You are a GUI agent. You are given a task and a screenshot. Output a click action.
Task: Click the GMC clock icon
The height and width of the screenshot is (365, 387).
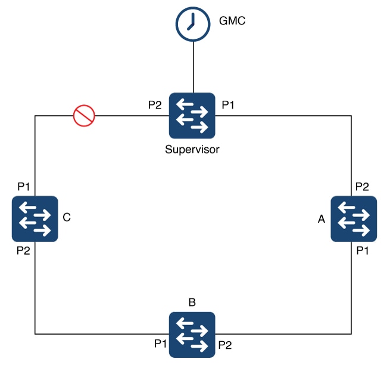click(x=193, y=24)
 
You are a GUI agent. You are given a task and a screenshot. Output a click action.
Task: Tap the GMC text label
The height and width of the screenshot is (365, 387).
click(x=232, y=21)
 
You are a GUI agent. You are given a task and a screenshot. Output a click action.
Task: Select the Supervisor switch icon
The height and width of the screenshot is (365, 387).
click(x=192, y=116)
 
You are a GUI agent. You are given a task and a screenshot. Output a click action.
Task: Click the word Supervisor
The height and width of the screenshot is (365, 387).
click(x=192, y=149)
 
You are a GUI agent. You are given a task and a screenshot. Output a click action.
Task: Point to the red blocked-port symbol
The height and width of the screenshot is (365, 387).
click(x=84, y=116)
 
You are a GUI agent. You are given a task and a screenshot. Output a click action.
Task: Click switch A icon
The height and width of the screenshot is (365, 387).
click(x=354, y=219)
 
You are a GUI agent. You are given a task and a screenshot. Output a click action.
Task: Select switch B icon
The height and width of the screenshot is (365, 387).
click(x=192, y=335)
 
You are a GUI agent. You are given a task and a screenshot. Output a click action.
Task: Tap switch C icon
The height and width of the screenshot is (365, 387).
click(x=35, y=219)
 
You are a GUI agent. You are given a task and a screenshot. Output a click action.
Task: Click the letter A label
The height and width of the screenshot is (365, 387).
click(x=322, y=219)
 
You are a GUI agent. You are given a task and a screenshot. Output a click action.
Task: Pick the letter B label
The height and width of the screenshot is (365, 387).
click(x=192, y=302)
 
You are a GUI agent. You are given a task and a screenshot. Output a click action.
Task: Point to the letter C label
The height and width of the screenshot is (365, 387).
click(x=67, y=217)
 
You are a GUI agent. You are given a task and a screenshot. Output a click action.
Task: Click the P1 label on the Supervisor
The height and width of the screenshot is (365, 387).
click(x=228, y=105)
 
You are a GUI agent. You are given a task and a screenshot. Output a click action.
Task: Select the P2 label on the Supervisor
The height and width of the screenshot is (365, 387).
click(x=155, y=105)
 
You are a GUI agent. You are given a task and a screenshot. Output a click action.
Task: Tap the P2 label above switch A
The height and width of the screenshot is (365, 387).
click(x=362, y=187)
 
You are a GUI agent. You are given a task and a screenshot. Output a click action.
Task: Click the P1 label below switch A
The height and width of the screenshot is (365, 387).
click(x=363, y=250)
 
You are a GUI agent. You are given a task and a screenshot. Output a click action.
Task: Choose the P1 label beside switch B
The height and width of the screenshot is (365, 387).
click(x=160, y=344)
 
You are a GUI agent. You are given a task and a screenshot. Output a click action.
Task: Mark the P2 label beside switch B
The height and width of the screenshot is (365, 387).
click(x=225, y=345)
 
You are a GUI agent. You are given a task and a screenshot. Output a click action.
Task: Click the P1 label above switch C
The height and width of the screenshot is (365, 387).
click(x=23, y=187)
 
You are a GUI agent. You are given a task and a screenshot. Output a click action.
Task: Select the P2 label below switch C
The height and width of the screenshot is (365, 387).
click(x=23, y=250)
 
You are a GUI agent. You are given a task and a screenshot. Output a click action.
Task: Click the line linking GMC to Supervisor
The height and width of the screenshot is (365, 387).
click(x=193, y=67)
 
